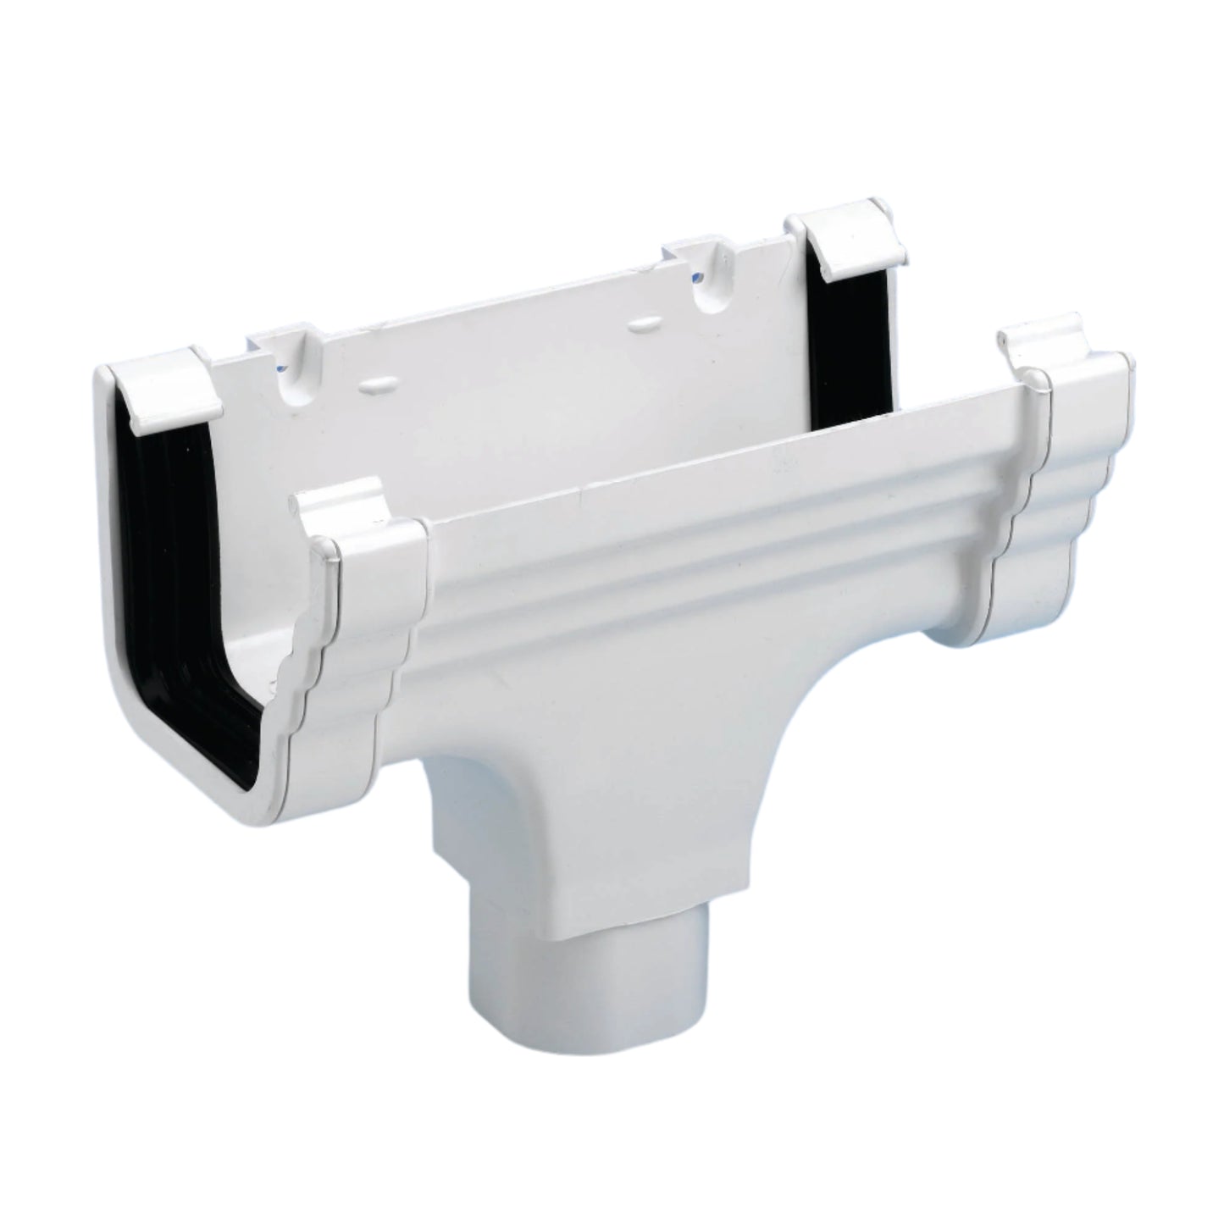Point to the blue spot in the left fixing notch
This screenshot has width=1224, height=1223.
(x=282, y=367)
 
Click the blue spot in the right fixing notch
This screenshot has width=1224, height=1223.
(x=696, y=277)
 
